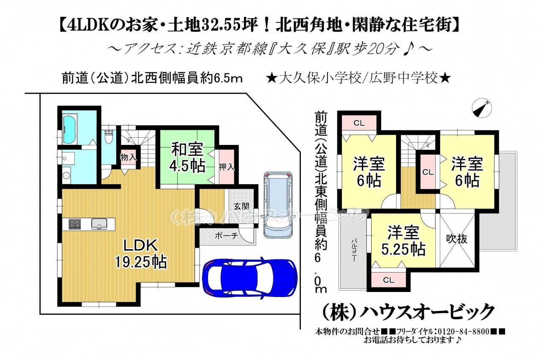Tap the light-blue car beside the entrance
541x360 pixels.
click(x=278, y=205)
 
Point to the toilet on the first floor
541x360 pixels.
click(x=109, y=136)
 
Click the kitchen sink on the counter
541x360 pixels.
click(x=99, y=224)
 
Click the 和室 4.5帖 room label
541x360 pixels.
click(x=187, y=158)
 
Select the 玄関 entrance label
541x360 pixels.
click(x=241, y=207)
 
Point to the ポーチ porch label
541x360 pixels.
click(x=227, y=236)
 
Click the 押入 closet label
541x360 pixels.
click(x=227, y=167)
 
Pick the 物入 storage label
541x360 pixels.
click(x=128, y=158)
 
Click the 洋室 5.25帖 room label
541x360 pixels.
click(x=403, y=240)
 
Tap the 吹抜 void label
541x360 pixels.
click(x=456, y=239)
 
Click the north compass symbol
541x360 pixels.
click(x=482, y=108)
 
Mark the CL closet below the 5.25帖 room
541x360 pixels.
click(x=388, y=280)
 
